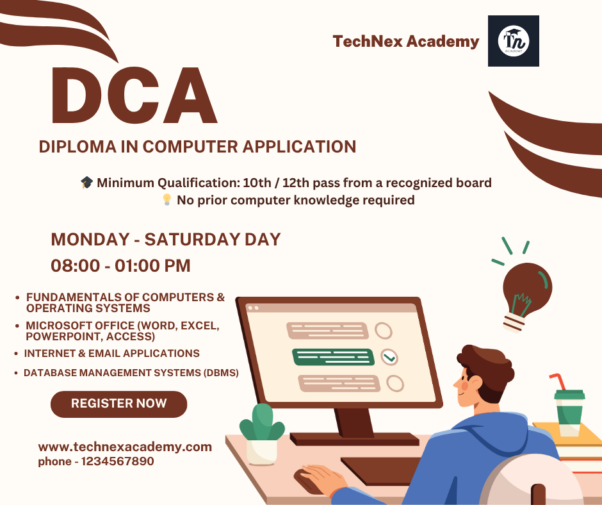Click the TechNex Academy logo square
tap(514, 41)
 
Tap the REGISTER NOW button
tap(118, 404)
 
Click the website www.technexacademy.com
tap(125, 447)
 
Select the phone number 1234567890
tap(118, 461)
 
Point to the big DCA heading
tap(134, 95)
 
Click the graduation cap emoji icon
tap(86, 182)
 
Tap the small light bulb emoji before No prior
tap(167, 200)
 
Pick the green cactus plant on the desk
tap(262, 423)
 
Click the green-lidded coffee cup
tap(569, 413)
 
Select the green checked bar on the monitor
tap(333, 357)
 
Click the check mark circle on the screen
tap(389, 357)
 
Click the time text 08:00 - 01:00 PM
tap(120, 265)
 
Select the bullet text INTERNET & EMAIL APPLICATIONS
tap(111, 354)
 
